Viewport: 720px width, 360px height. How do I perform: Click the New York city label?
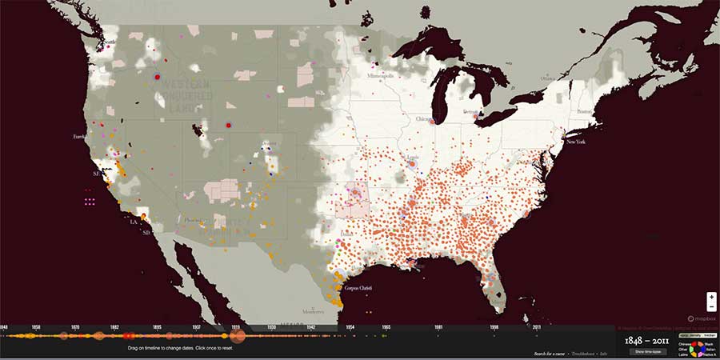(576, 142)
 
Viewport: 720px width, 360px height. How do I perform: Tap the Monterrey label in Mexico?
(313, 310)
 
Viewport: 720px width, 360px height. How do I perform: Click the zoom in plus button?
(711, 297)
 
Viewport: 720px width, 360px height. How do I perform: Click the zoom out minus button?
(711, 306)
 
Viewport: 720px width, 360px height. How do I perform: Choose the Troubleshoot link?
(590, 353)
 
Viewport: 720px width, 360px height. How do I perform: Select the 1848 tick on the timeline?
(4, 327)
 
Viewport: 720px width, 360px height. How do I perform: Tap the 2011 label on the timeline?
(536, 327)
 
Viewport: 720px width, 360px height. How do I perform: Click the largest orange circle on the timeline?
(238, 337)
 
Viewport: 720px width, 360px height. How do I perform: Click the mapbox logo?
(702, 318)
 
